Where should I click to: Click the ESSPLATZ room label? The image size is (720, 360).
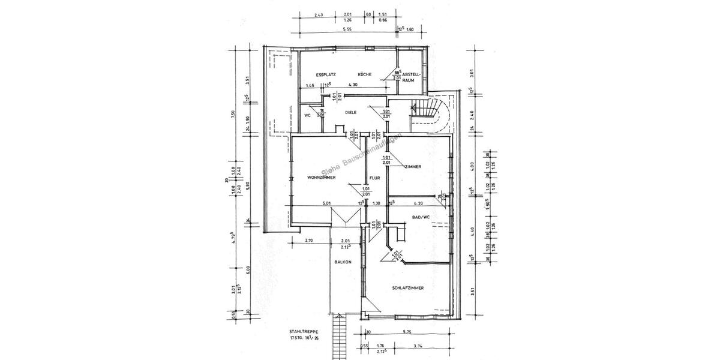tap(326, 74)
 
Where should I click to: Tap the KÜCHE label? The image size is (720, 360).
tap(365, 74)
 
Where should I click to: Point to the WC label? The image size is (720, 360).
tap(307, 115)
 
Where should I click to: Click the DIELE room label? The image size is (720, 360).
tap(351, 112)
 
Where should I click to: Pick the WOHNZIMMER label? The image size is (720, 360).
tap(320, 178)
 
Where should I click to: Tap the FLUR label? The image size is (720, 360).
tap(375, 178)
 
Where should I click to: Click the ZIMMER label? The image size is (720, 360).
tap(412, 166)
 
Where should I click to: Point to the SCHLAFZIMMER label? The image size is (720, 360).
tap(408, 288)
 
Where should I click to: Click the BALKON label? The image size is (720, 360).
tap(343, 262)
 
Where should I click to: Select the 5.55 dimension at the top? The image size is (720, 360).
tap(347, 29)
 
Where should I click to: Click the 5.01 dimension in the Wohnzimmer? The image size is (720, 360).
tap(327, 203)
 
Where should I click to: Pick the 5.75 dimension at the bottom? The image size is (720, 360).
tap(407, 331)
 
